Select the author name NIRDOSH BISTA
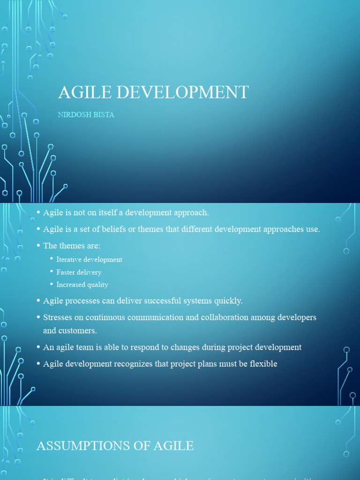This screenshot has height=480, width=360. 86,115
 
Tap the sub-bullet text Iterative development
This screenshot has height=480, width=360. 89,260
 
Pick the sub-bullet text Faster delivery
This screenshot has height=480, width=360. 79,272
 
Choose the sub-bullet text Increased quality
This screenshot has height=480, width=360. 82,285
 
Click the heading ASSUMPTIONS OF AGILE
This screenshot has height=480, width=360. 115,445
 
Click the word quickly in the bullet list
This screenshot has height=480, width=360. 227,300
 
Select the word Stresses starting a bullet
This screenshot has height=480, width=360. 57,317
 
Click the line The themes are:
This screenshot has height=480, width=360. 72,246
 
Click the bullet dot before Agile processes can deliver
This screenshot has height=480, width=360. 38,300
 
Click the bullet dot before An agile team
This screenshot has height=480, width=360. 38,347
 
